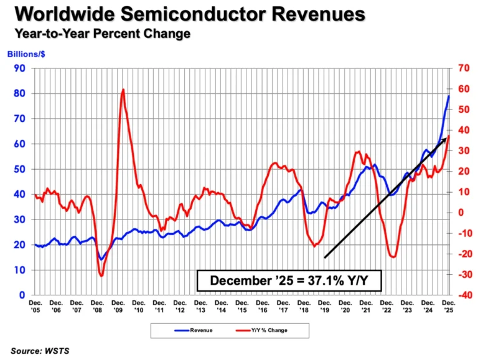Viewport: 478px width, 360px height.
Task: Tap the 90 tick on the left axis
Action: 21,68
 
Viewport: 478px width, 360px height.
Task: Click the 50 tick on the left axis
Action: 21,169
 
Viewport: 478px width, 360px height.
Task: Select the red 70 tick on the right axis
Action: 463,68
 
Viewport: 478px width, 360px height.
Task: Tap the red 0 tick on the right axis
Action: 461,213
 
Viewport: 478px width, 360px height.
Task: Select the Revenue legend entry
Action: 195,330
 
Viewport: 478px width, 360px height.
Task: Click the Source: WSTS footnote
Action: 40,351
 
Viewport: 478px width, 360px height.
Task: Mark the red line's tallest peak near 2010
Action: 123,90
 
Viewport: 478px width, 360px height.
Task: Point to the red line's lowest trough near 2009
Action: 101,275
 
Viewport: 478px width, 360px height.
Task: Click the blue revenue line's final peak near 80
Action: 449,96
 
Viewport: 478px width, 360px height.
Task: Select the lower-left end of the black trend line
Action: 325,257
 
